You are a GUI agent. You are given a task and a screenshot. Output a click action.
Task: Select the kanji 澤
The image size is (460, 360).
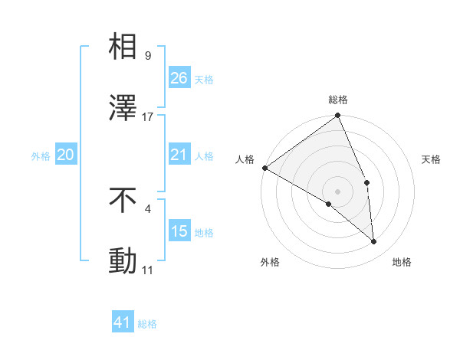tap(124, 108)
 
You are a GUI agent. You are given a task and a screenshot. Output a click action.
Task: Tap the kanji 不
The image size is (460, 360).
tap(124, 201)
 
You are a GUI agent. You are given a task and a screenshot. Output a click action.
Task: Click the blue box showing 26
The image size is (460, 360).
tap(179, 78)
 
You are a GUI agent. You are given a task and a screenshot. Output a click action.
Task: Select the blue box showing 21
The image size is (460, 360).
tap(179, 155)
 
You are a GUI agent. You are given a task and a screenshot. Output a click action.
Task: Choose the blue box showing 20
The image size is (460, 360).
tap(66, 155)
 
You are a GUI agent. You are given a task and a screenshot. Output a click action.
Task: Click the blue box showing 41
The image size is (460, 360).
tap(123, 322)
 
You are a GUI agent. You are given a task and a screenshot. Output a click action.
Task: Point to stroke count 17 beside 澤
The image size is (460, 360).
tap(148, 117)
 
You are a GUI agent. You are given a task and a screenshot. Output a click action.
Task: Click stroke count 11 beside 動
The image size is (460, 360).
tap(148, 270)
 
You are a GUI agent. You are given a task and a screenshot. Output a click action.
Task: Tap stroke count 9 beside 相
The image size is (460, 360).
tap(147, 55)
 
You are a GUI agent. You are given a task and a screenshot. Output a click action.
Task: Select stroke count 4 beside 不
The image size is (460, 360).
tap(147, 208)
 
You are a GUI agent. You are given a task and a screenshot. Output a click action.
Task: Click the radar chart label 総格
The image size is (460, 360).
tap(338, 100)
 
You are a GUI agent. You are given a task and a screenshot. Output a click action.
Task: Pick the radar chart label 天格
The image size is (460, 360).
tap(431, 159)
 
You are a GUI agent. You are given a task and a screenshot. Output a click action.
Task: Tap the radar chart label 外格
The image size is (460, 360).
tap(270, 262)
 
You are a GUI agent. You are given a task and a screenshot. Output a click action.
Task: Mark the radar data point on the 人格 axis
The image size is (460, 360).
tap(264, 168)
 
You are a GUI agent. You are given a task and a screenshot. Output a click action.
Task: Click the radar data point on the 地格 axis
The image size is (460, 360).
tap(374, 242)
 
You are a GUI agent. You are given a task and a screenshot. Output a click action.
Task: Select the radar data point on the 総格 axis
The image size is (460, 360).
tap(337, 117)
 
